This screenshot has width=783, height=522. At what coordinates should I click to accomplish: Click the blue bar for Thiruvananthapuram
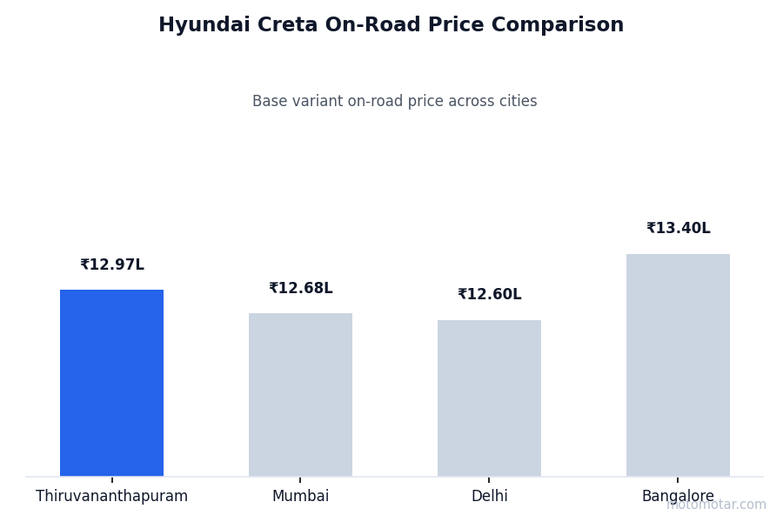click(x=111, y=383)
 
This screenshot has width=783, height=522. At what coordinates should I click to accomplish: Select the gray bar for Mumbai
click(x=300, y=394)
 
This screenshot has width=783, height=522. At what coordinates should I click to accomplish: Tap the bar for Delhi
click(x=489, y=398)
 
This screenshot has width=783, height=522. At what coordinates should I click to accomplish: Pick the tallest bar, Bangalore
click(x=678, y=365)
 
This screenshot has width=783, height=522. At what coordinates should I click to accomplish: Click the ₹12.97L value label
click(x=112, y=265)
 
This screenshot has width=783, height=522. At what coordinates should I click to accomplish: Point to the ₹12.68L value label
click(x=301, y=289)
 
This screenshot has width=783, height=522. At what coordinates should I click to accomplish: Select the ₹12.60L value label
click(x=490, y=295)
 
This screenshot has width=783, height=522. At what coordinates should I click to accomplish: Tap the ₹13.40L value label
click(x=679, y=229)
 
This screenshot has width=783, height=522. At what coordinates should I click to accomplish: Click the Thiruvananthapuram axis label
click(x=111, y=497)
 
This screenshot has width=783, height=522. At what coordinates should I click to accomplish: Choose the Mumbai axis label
click(x=300, y=497)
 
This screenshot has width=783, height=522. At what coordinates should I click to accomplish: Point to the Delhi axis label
click(x=489, y=497)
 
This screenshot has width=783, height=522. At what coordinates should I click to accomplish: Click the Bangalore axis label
click(x=678, y=497)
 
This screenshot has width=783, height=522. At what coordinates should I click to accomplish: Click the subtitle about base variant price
click(x=394, y=102)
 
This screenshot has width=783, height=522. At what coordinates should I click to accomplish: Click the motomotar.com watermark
click(x=717, y=505)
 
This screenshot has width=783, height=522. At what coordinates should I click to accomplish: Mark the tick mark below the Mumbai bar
click(x=300, y=479)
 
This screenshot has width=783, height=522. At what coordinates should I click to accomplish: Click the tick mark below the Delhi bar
click(x=489, y=479)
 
